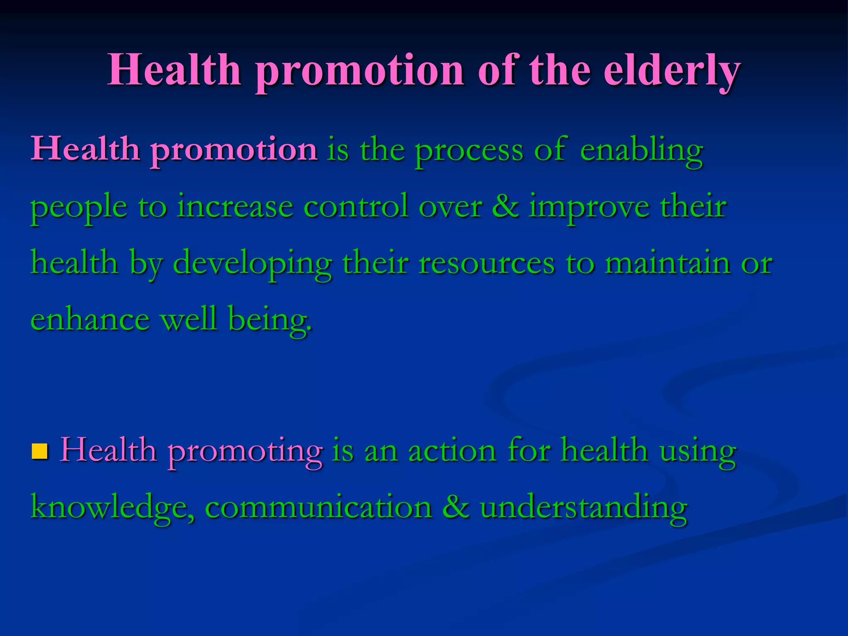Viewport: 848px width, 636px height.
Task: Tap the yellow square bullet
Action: coord(40,452)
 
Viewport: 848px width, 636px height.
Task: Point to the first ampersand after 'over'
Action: coord(505,206)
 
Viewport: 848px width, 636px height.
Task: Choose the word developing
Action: coord(252,263)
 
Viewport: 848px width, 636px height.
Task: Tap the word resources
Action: coord(486,263)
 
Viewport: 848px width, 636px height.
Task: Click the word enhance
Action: coord(90,319)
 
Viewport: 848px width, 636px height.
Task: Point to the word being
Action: coord(270,320)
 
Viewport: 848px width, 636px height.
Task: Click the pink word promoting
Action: coord(245,451)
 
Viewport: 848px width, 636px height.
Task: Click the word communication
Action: coord(318,508)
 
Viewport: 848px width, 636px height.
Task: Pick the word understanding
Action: coord(584,508)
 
